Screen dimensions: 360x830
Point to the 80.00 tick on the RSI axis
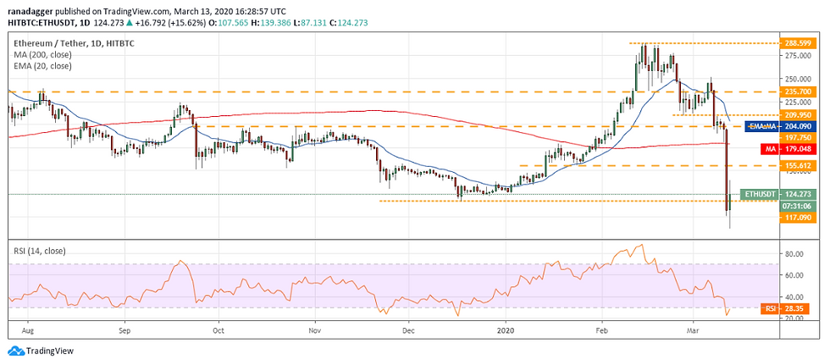coord(795,254)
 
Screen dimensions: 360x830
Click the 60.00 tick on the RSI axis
coord(795,275)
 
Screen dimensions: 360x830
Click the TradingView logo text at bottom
coord(49,351)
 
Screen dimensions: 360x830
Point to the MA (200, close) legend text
coord(41,54)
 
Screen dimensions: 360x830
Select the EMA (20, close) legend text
coord(41,65)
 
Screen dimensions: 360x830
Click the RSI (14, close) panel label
coord(40,251)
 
